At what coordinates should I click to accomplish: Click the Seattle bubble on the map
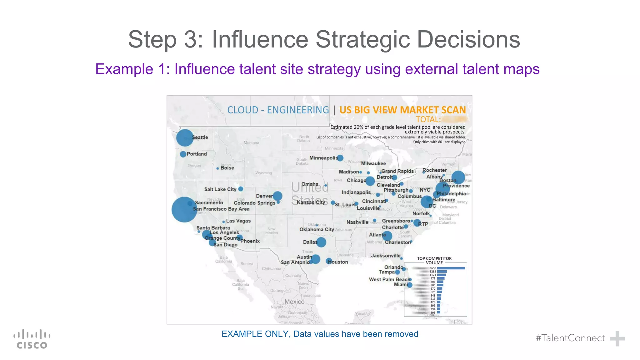click(x=185, y=138)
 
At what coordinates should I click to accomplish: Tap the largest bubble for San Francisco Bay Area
click(x=184, y=209)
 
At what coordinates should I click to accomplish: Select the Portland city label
click(x=197, y=154)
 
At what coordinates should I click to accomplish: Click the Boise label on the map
click(x=227, y=168)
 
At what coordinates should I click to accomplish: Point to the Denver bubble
click(x=277, y=196)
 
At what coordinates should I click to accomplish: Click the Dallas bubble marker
click(x=321, y=242)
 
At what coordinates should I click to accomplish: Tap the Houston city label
click(x=338, y=262)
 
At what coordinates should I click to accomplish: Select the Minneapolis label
click(x=323, y=158)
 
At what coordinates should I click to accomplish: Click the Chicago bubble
click(x=370, y=181)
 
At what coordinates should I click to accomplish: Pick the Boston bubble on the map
click(x=458, y=177)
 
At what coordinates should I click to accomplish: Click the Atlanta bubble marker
click(x=387, y=236)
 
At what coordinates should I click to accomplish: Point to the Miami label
click(x=400, y=284)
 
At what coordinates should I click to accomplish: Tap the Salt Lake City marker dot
click(x=241, y=189)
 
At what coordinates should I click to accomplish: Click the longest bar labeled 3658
click(x=451, y=268)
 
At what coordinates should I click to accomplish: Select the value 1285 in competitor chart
click(x=432, y=272)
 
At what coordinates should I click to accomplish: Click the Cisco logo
click(x=32, y=339)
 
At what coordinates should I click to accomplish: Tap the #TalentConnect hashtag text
click(x=570, y=338)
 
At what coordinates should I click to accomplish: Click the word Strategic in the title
click(x=362, y=39)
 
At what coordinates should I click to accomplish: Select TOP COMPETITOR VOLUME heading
click(x=434, y=261)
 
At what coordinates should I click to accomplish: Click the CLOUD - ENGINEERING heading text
click(x=278, y=110)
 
